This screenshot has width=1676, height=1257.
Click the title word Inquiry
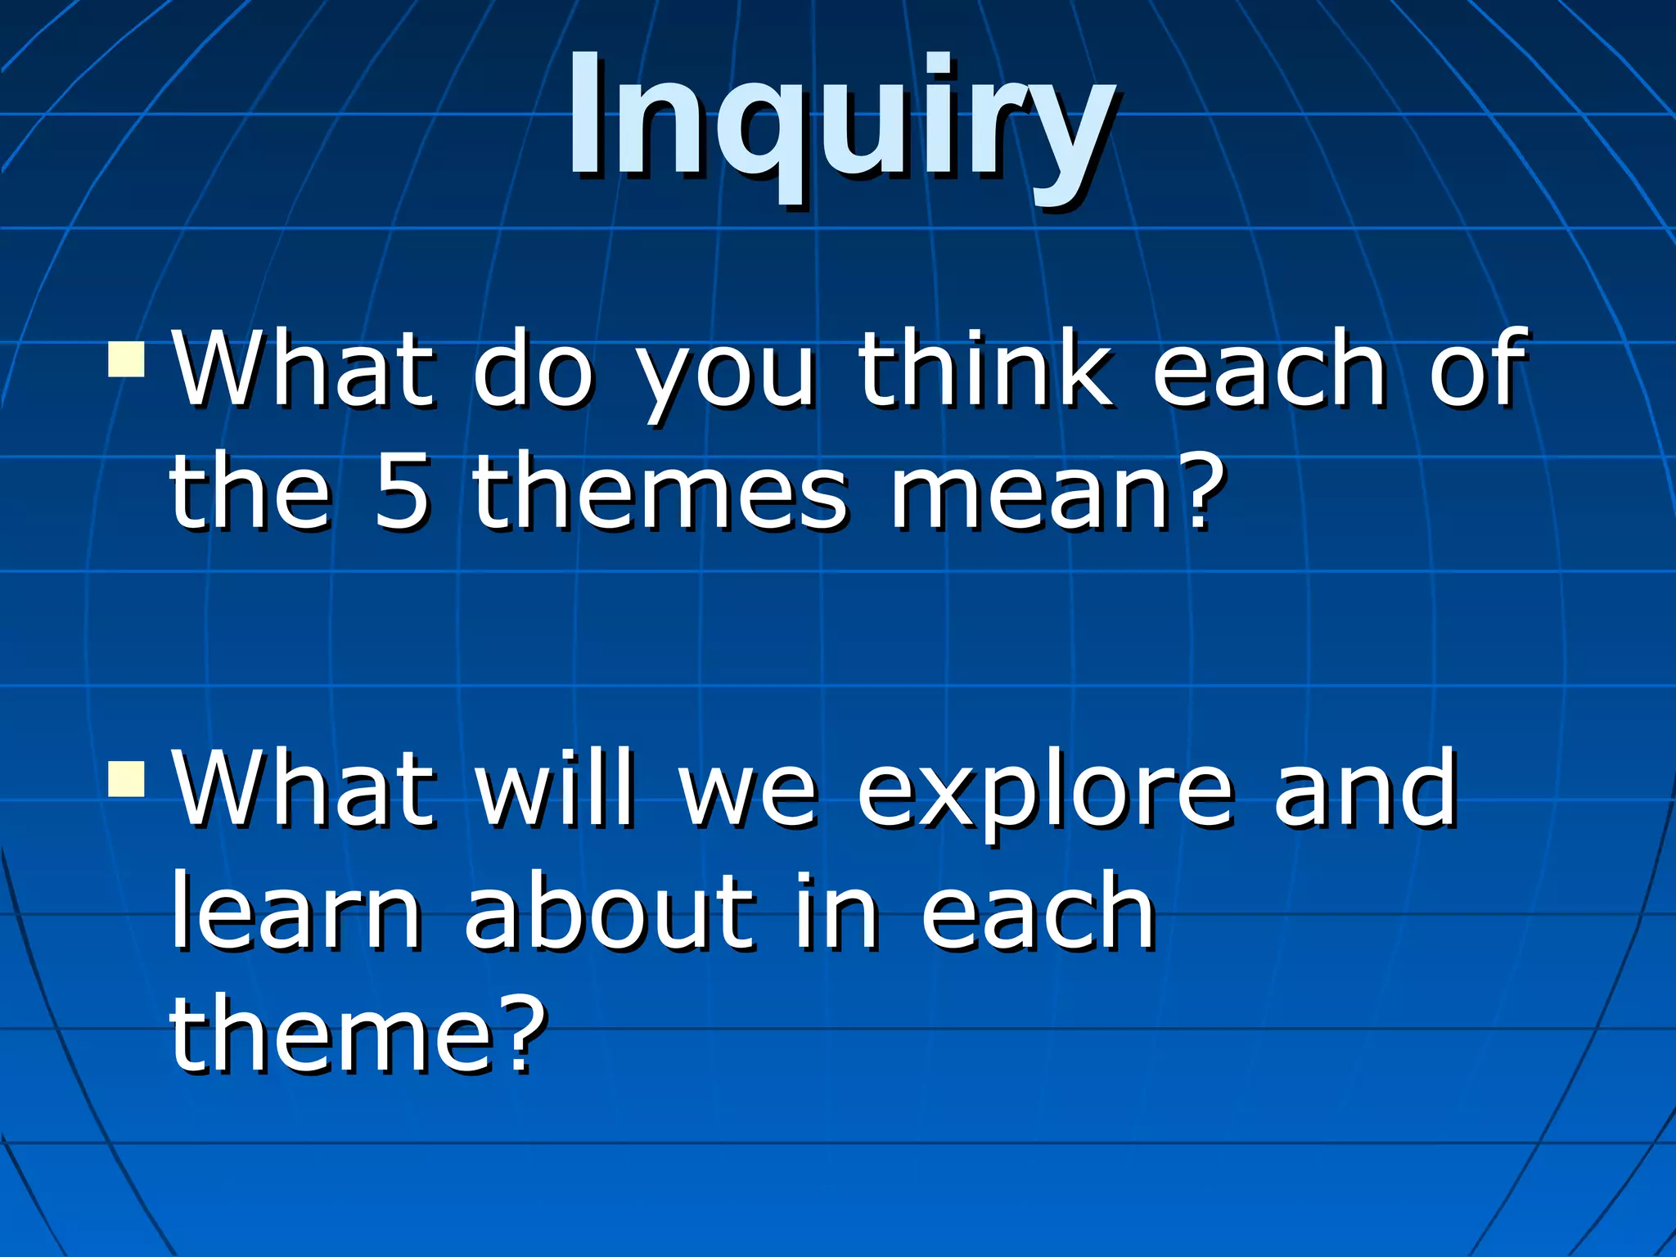pyautogui.click(x=841, y=123)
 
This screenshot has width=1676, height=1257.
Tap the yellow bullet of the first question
pyautogui.click(x=126, y=359)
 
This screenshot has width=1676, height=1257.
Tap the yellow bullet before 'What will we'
pyautogui.click(x=126, y=779)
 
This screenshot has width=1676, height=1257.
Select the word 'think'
pyautogui.click(x=984, y=368)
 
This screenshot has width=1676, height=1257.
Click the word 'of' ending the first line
pyautogui.click(x=1478, y=368)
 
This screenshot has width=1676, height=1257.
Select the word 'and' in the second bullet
pyautogui.click(x=1365, y=787)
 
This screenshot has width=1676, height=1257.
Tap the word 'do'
pyautogui.click(x=533, y=368)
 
